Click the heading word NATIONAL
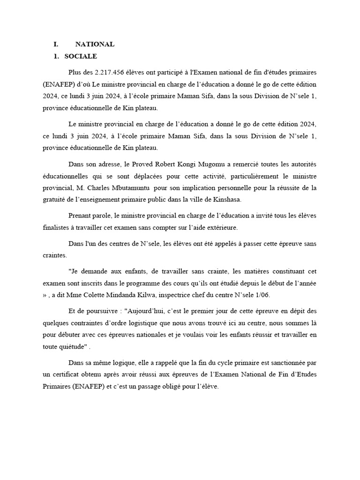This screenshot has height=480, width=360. click(95, 45)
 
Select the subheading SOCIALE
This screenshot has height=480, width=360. click(81, 57)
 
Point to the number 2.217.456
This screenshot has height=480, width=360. click(110, 73)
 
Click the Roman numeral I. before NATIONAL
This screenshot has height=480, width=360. click(56, 45)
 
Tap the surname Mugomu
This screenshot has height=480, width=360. click(197, 165)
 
